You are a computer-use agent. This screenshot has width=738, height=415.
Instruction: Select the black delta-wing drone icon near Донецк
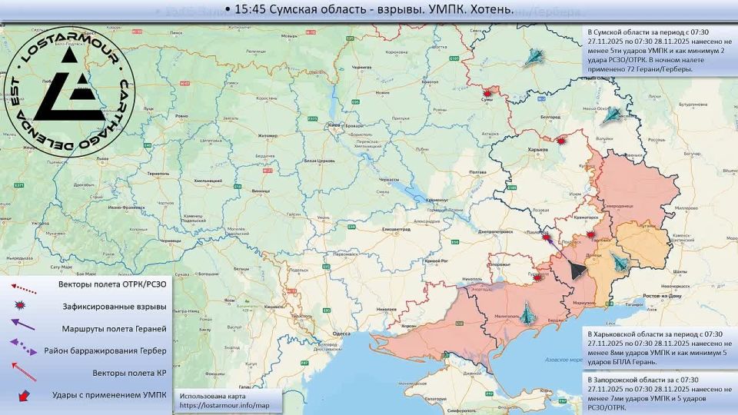coord(577,270)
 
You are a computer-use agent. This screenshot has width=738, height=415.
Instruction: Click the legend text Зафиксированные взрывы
coord(115,306)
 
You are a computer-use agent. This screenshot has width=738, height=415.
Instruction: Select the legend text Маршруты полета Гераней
coord(114,328)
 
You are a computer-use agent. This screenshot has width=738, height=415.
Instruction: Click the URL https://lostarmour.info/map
coord(225,404)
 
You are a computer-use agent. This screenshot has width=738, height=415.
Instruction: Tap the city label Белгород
coord(550,116)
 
